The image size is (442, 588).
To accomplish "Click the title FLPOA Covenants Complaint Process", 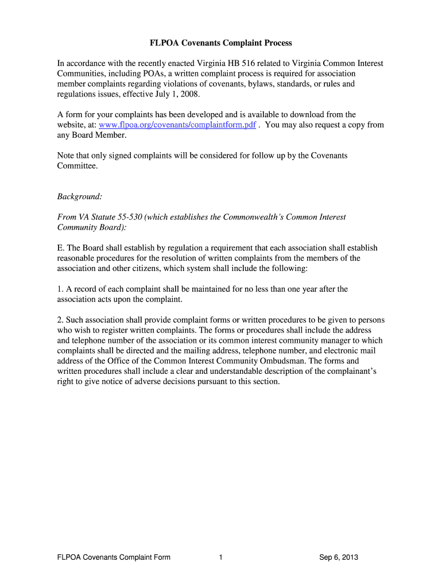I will tap(221, 43).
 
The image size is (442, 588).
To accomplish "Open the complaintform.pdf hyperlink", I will tap(177, 125).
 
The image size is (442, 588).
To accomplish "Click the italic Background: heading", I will tap(80, 196).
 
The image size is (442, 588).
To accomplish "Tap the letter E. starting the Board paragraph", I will tap(60, 248).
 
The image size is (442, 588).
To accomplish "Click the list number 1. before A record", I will tap(60, 289).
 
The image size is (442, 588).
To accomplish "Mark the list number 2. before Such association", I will tap(60, 320).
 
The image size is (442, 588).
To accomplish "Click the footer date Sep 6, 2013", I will tap(339, 558).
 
